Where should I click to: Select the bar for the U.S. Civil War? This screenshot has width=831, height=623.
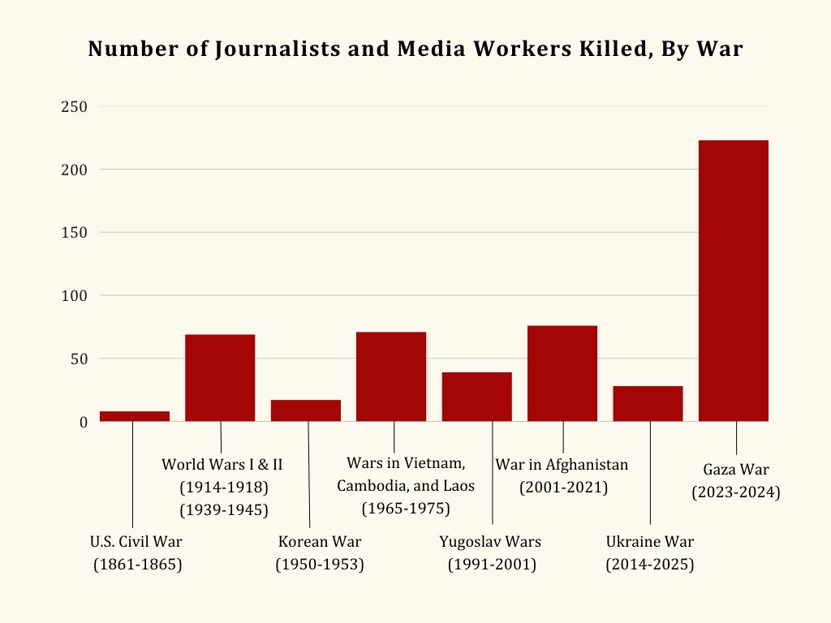click(x=135, y=416)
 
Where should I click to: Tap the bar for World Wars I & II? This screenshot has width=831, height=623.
click(x=220, y=377)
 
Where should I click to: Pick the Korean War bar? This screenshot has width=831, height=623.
click(x=306, y=410)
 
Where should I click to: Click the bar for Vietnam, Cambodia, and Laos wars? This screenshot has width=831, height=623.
click(x=391, y=376)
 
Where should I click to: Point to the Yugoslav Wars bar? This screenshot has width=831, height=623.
click(x=476, y=397)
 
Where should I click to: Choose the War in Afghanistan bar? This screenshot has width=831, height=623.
click(x=562, y=373)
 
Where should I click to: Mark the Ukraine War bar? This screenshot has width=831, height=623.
click(x=648, y=403)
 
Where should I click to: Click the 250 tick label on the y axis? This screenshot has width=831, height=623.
click(x=74, y=107)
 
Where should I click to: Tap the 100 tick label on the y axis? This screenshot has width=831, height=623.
click(x=74, y=296)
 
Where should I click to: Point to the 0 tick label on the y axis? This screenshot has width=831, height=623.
click(x=83, y=422)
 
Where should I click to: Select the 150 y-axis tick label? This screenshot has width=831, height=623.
click(x=74, y=233)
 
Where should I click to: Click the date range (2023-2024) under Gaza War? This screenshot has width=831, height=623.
click(x=735, y=492)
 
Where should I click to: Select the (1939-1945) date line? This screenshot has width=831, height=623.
click(x=223, y=509)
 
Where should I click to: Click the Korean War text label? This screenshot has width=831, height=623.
click(x=320, y=542)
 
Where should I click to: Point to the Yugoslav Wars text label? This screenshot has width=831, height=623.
click(x=490, y=542)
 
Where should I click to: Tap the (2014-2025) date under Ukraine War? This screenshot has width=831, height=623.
click(x=650, y=565)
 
